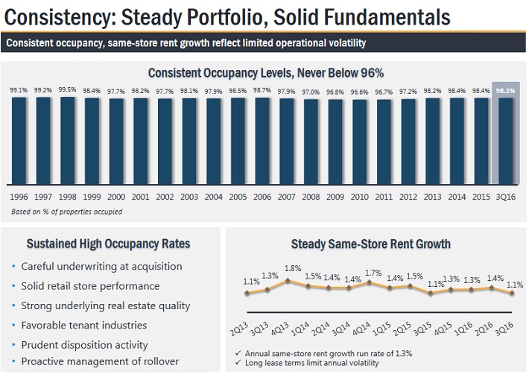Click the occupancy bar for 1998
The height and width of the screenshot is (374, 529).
pyautogui.click(x=67, y=139)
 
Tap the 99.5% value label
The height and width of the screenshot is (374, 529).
pyautogui.click(x=67, y=91)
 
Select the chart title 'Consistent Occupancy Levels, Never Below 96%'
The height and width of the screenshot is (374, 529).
pyautogui.click(x=265, y=73)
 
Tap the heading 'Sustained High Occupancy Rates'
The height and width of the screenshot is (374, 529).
pyautogui.click(x=108, y=244)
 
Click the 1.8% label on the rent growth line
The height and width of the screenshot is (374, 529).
pyautogui.click(x=292, y=269)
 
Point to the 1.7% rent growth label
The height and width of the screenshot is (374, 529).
pyautogui.click(x=373, y=273)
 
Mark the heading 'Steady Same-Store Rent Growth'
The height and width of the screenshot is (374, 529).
pyautogui.click(x=370, y=244)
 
